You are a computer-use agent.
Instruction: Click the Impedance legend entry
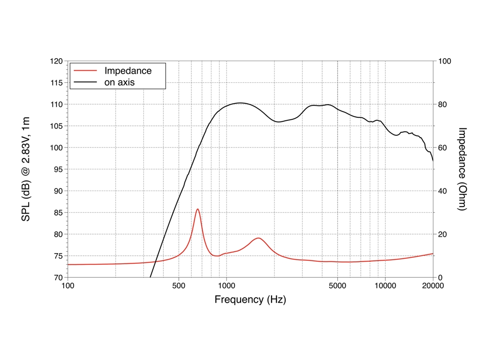pyautogui.click(x=128, y=71)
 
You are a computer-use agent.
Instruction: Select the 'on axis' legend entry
pyautogui.click(x=119, y=82)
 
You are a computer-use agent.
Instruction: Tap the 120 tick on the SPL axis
pyautogui.click(x=56, y=61)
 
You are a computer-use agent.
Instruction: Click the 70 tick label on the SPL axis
pyautogui.click(x=58, y=277)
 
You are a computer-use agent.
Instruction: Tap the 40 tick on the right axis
pyautogui.click(x=442, y=191)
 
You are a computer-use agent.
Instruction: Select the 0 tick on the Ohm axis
pyautogui.click(x=440, y=277)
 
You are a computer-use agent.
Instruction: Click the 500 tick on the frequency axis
pyautogui.click(x=178, y=286)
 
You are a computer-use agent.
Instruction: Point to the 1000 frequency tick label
pyautogui.click(x=226, y=286)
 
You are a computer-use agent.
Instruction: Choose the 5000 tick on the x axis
pyautogui.click(x=337, y=286)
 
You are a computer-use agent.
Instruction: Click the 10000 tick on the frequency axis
pyautogui.click(x=385, y=286)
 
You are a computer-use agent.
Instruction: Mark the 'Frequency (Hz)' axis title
pyautogui.click(x=250, y=300)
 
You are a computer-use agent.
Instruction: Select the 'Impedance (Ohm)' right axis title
pyautogui.click(x=462, y=169)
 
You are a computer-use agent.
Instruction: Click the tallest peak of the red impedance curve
pyautogui.click(x=198, y=209)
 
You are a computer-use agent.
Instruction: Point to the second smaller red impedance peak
pyautogui.click(x=258, y=238)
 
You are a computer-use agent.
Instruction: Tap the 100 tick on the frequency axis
pyautogui.click(x=68, y=286)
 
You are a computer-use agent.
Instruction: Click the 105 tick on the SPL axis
pyautogui.click(x=56, y=126)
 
